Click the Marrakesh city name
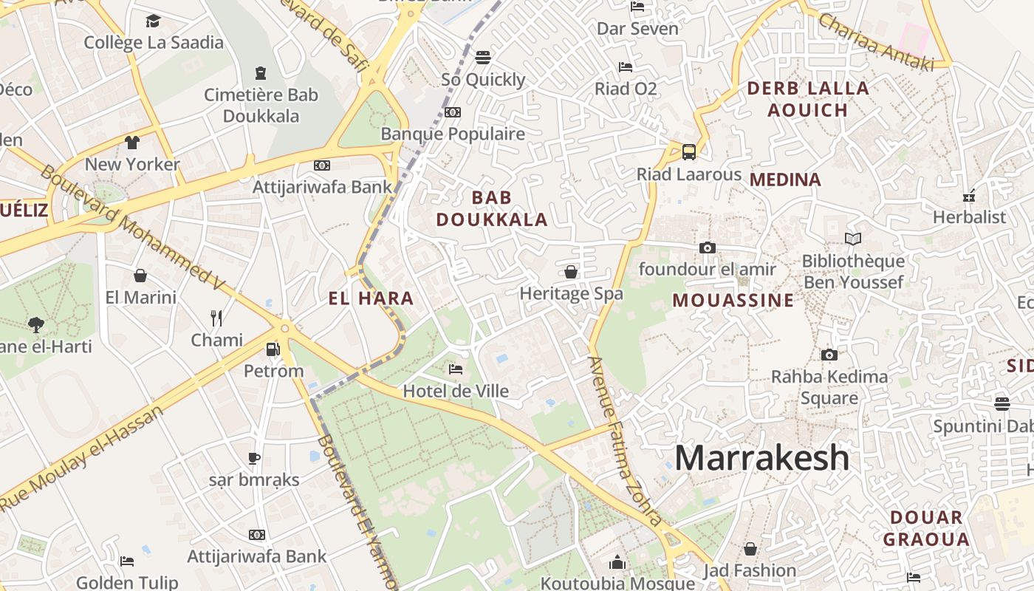click(x=761, y=457)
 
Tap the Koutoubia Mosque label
click(x=617, y=583)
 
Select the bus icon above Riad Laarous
click(x=688, y=152)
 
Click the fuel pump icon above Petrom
click(x=273, y=349)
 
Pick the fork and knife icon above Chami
click(x=216, y=318)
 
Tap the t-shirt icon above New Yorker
click(x=132, y=143)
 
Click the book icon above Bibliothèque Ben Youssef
click(x=853, y=239)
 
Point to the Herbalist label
click(x=969, y=217)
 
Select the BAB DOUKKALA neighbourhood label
click(x=492, y=208)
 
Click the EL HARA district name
click(x=371, y=298)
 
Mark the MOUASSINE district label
click(x=733, y=300)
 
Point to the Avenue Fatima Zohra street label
click(x=624, y=440)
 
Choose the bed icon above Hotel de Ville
click(x=456, y=369)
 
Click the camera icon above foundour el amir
click(x=708, y=247)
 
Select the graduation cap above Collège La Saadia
click(x=153, y=21)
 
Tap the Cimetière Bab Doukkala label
click(x=261, y=105)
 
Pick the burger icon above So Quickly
click(x=483, y=57)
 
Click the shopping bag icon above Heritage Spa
click(x=571, y=272)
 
